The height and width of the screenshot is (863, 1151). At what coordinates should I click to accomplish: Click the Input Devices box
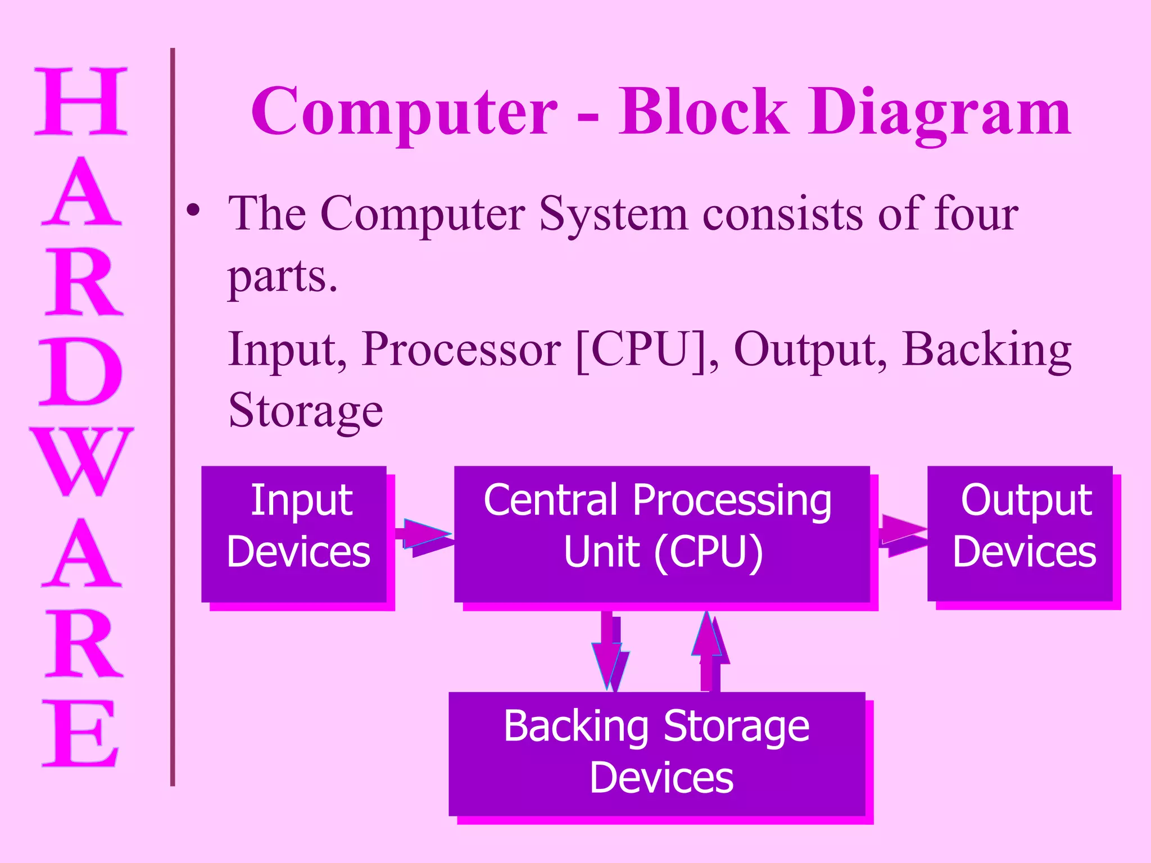click(294, 534)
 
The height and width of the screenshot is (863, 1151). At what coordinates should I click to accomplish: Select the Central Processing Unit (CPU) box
click(661, 534)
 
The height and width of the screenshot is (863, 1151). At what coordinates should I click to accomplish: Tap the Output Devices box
click(1019, 534)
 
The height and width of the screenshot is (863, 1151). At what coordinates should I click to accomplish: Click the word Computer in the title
click(404, 112)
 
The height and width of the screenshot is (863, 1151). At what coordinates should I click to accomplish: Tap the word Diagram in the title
click(939, 112)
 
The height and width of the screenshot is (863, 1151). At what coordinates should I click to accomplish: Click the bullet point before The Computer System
click(193, 211)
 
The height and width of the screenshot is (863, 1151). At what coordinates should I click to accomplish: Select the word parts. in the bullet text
click(282, 276)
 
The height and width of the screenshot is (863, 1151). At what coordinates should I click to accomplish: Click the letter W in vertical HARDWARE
click(81, 461)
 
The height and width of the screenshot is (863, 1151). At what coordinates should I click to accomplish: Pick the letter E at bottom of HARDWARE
click(81, 733)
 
